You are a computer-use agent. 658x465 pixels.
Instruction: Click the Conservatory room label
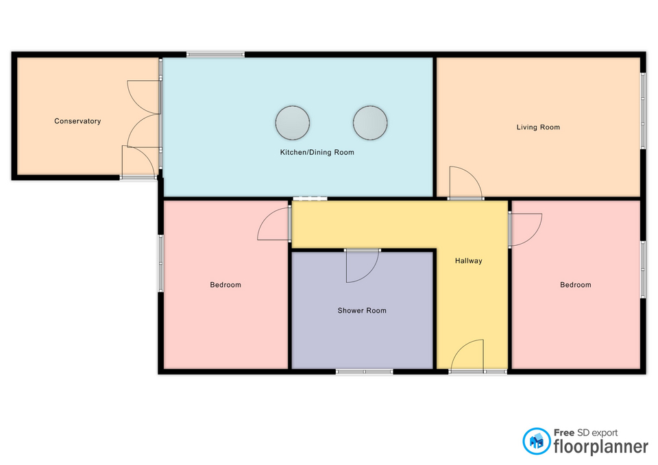tap(77, 121)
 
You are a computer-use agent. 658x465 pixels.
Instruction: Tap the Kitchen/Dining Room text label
tap(317, 152)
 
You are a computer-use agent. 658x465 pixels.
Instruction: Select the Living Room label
tap(539, 127)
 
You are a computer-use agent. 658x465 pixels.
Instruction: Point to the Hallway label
tap(469, 261)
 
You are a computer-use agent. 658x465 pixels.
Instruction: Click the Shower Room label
tap(362, 311)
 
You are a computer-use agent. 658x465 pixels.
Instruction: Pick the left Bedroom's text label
tap(226, 285)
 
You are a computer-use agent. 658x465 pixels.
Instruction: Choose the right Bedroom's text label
tap(576, 285)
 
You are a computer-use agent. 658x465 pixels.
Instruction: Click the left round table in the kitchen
tap(293, 123)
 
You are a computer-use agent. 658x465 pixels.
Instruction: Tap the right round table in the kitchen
tap(370, 123)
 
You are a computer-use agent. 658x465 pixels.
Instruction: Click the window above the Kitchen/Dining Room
tap(216, 54)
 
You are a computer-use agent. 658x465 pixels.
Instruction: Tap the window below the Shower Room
tap(364, 371)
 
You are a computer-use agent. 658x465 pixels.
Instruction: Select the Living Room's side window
tap(643, 111)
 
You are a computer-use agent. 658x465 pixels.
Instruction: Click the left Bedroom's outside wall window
tap(160, 263)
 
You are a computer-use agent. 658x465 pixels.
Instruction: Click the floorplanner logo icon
tap(536, 441)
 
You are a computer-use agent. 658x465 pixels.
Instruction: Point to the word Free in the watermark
tap(564, 433)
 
